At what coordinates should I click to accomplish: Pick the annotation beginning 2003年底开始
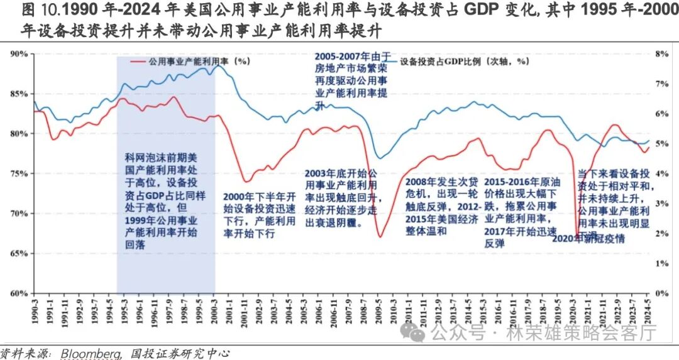(342, 197)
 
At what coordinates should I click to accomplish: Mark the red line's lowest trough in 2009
(380, 237)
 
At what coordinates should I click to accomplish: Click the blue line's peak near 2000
(217, 65)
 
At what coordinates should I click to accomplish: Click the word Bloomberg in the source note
(91, 354)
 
